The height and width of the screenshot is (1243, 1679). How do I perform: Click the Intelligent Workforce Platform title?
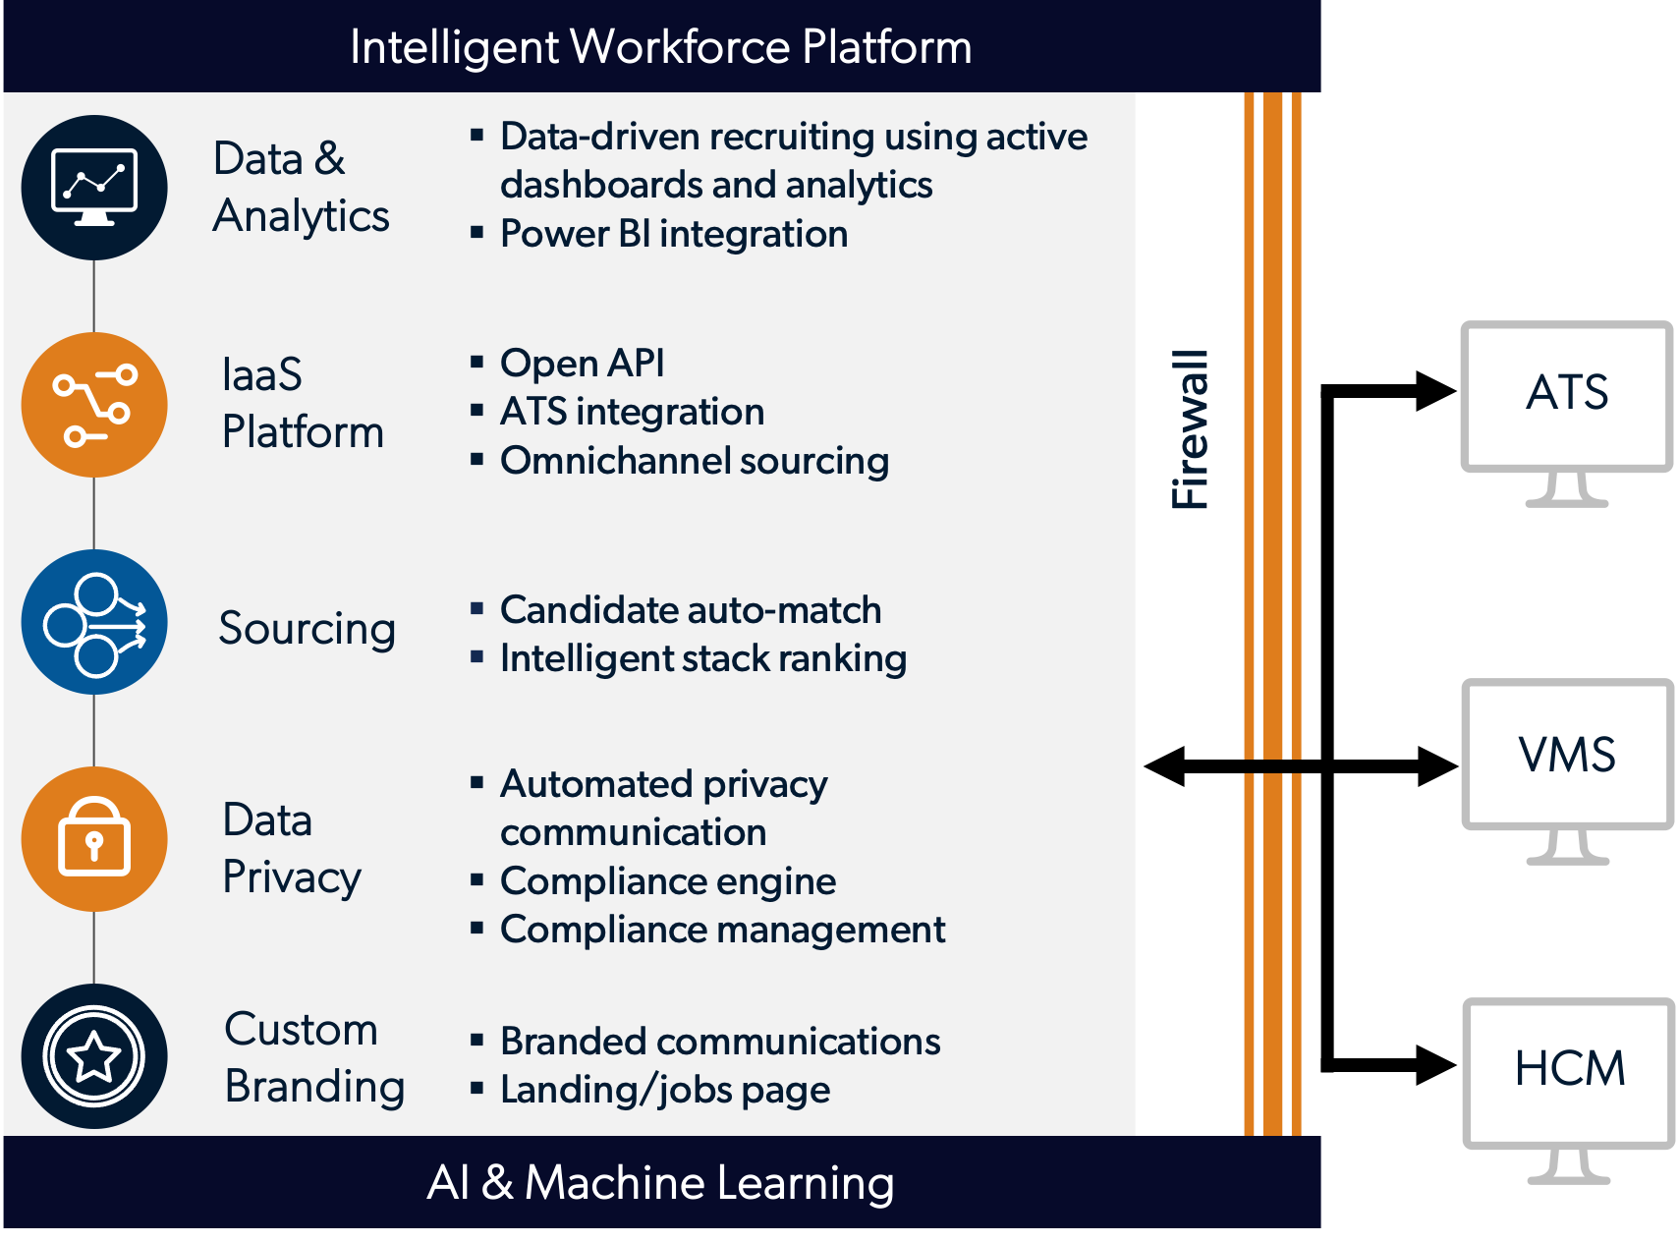pos(660,47)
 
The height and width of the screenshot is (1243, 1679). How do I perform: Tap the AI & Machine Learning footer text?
pos(660,1182)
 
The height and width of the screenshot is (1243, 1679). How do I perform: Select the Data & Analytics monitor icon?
pos(94,188)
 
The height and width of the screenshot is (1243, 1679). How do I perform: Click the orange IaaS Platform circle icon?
pos(94,405)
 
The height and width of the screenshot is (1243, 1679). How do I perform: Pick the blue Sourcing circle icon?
pos(94,622)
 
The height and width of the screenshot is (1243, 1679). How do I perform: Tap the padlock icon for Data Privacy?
pos(94,839)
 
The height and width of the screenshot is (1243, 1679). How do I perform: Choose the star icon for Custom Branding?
pos(94,1056)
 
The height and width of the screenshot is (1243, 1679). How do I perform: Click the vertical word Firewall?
pos(1190,429)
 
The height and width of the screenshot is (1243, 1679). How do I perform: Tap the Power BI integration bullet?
pos(673,234)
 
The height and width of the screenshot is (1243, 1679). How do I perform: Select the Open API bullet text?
pos(582,363)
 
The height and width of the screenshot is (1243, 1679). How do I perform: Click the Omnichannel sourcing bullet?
pos(694,461)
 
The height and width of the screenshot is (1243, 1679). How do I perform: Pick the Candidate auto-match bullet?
pos(690,610)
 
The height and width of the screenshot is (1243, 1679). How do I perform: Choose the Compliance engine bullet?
pos(667,881)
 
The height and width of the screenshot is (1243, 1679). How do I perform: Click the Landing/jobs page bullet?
pos(664,1090)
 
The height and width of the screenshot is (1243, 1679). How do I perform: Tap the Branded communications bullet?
pos(719,1042)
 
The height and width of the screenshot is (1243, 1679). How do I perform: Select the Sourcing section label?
pos(307,628)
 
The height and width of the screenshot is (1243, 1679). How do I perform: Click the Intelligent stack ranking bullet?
pos(702,658)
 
